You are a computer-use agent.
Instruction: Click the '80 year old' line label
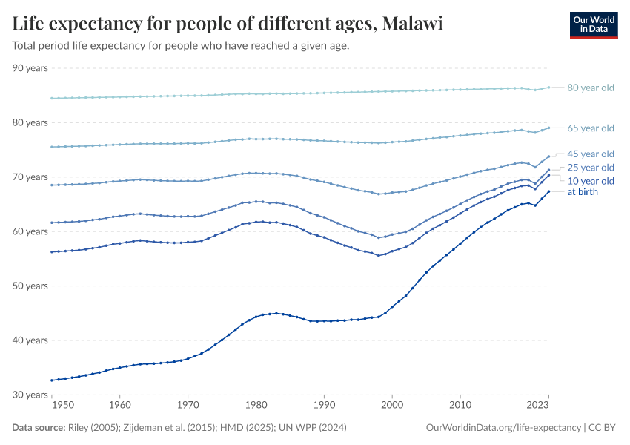590,88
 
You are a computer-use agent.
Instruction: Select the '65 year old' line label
590,128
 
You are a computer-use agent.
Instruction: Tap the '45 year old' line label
590,154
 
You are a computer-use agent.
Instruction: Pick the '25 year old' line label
590,168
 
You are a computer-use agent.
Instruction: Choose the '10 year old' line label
590,181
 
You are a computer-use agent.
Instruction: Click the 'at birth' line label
582,192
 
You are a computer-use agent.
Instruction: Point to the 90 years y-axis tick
30,68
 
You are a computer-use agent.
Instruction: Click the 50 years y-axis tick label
30,286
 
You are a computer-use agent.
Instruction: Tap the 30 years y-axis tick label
30,395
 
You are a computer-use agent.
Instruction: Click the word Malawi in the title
411,24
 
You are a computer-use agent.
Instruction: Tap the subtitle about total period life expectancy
180,45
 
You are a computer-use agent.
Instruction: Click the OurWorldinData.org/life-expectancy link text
503,428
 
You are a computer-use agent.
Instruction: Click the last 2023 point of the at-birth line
548,191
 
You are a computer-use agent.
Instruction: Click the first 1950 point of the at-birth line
51,380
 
